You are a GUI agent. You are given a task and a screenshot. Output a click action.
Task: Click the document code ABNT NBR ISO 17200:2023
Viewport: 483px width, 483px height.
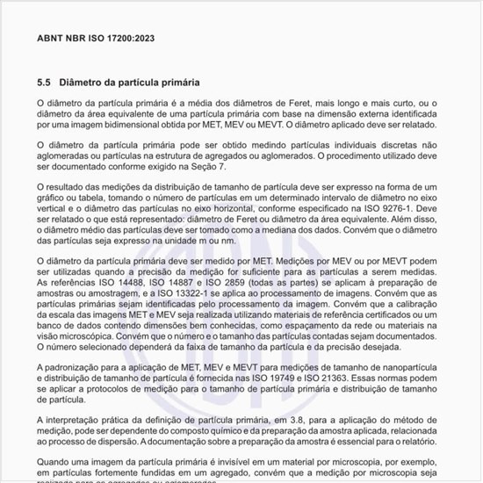(95, 40)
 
